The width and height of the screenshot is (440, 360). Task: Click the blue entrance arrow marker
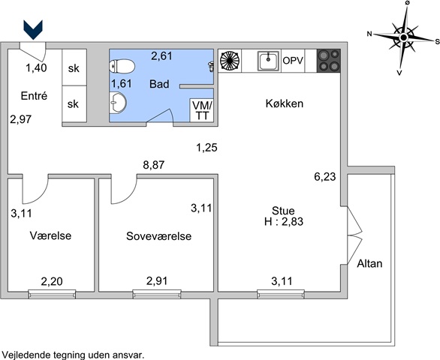[33, 30]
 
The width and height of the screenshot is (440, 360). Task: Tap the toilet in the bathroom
[122, 66]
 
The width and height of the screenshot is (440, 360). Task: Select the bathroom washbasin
[118, 103]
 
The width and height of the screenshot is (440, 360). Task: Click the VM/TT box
[202, 110]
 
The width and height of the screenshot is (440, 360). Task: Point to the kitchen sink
[269, 61]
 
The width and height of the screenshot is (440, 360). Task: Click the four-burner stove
[329, 61]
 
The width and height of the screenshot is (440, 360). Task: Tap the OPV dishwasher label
[293, 61]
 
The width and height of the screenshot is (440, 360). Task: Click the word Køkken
[285, 103]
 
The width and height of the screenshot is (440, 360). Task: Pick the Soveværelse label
[159, 236]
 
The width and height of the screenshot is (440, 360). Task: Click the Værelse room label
[50, 235]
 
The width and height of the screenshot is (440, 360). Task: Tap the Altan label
[369, 263]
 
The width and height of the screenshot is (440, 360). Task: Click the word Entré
[34, 96]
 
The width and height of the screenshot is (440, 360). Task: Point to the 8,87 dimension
[153, 165]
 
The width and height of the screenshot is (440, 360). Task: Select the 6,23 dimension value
[325, 177]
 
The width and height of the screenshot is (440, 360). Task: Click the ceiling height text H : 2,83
[284, 221]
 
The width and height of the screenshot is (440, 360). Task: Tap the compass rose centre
[403, 37]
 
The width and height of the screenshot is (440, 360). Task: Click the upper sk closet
[74, 67]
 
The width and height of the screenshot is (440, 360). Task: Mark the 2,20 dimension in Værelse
[52, 281]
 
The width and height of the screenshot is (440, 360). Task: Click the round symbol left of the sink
[230, 60]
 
